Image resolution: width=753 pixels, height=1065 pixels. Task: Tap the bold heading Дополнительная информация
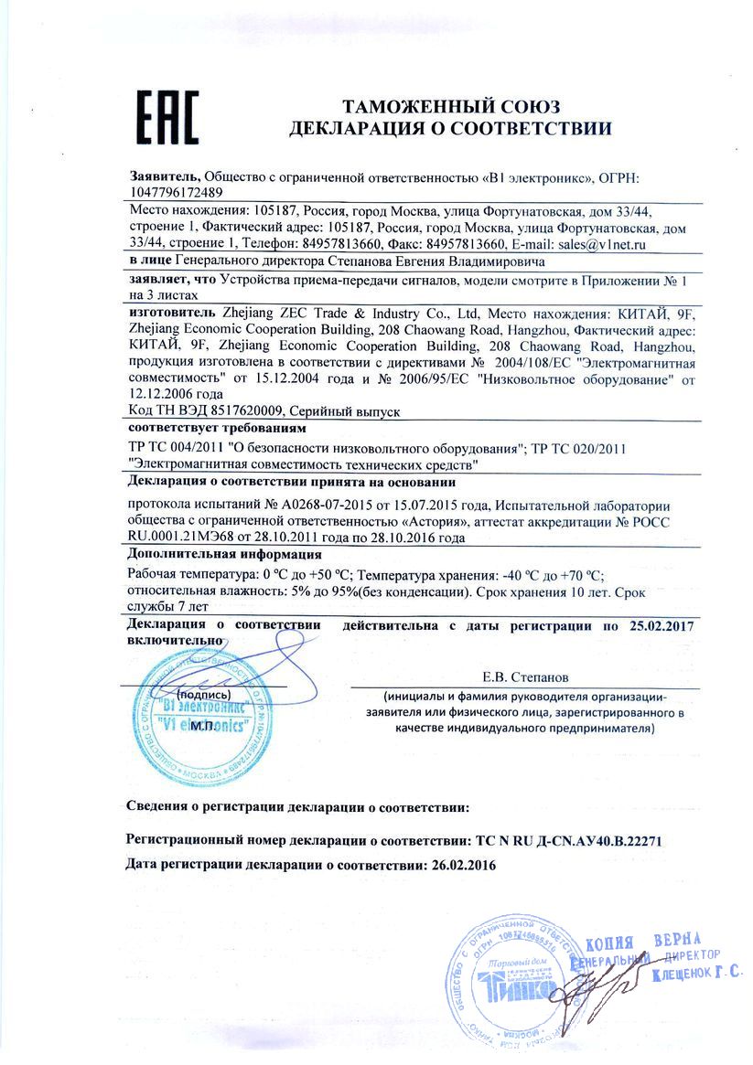[224, 555]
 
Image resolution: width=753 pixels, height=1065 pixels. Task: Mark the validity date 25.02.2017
[662, 626]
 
